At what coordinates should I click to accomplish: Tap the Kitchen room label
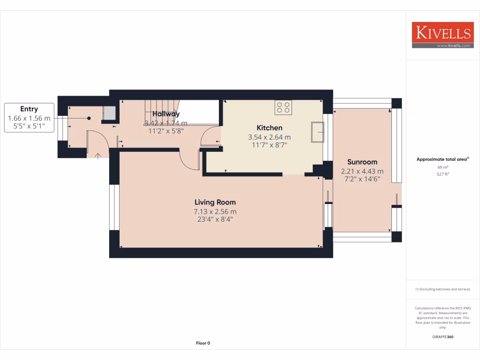click(x=269, y=127)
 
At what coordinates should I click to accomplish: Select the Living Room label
click(x=215, y=202)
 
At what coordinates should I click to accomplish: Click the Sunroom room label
click(x=362, y=162)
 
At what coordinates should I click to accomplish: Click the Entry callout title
click(x=29, y=109)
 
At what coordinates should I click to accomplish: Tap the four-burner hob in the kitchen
click(x=283, y=107)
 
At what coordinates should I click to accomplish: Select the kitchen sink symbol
click(x=318, y=131)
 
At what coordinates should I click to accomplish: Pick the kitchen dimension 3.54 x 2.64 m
click(x=269, y=137)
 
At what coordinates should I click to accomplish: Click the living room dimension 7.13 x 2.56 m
click(x=215, y=211)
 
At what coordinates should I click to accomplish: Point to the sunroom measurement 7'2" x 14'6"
click(x=362, y=179)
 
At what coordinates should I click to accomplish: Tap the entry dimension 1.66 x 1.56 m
click(x=29, y=118)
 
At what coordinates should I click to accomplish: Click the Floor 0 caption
click(x=203, y=343)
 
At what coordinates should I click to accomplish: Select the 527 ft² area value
click(x=443, y=174)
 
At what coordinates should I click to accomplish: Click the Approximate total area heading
click(x=442, y=159)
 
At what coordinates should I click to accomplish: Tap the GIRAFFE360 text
click(x=443, y=337)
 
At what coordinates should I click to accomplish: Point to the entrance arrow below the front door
click(x=97, y=156)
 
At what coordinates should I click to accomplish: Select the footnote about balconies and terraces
click(x=443, y=289)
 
